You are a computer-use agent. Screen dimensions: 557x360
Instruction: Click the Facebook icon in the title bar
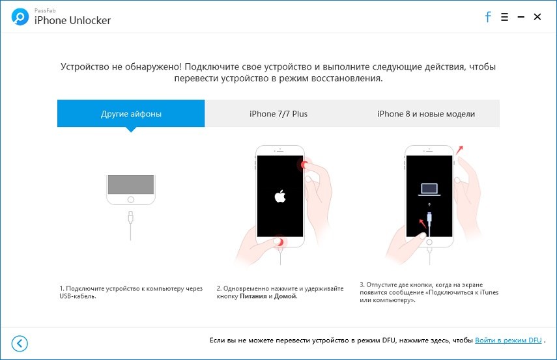pyautogui.click(x=488, y=17)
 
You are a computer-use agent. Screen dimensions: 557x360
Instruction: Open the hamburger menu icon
pyautogui.click(x=504, y=17)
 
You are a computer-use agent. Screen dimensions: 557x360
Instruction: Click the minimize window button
pyautogui.click(x=521, y=17)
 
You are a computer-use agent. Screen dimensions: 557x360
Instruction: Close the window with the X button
pyautogui.click(x=537, y=17)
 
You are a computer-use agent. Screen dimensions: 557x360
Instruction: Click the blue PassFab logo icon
pyautogui.click(x=20, y=17)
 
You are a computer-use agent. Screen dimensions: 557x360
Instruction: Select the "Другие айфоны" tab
pyautogui.click(x=131, y=114)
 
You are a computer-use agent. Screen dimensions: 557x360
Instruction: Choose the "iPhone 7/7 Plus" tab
pyautogui.click(x=279, y=114)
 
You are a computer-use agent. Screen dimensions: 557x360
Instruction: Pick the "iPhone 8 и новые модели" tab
pyautogui.click(x=426, y=114)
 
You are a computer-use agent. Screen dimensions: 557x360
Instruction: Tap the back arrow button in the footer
pyautogui.click(x=20, y=343)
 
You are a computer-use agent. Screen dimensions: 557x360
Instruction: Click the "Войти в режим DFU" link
pyautogui.click(x=508, y=340)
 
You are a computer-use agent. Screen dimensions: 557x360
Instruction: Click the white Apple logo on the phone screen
pyautogui.click(x=280, y=197)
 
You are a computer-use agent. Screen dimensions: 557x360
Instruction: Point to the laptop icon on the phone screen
pyautogui.click(x=429, y=189)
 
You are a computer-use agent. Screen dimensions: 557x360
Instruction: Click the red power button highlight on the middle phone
pyautogui.click(x=304, y=165)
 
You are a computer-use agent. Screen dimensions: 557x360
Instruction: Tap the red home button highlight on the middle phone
pyautogui.click(x=280, y=242)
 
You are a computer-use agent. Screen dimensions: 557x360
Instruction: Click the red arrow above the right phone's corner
pyautogui.click(x=460, y=150)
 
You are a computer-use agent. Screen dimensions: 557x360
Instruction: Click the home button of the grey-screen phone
pyautogui.click(x=131, y=199)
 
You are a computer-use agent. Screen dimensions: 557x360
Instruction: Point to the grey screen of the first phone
pyautogui.click(x=131, y=185)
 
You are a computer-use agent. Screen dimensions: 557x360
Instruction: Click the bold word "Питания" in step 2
pyautogui.click(x=253, y=296)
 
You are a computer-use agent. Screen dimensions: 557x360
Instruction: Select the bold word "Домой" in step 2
pyautogui.click(x=285, y=296)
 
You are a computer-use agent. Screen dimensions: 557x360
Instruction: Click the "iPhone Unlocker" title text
pyautogui.click(x=72, y=21)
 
